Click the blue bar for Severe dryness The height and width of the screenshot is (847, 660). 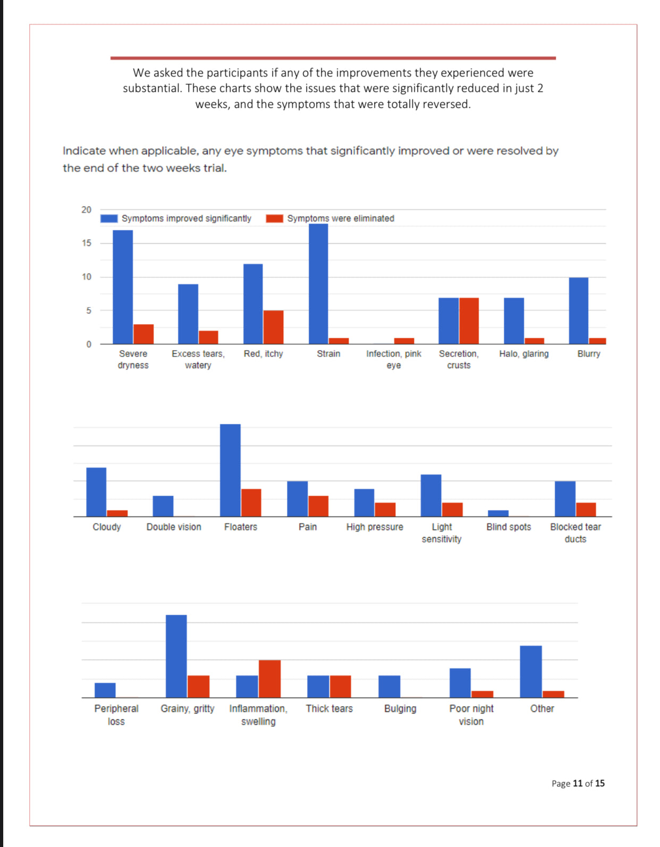click(x=123, y=287)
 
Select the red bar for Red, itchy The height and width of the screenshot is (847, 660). click(x=273, y=327)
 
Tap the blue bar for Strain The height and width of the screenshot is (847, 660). click(x=318, y=284)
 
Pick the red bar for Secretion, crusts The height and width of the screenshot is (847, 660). click(x=469, y=320)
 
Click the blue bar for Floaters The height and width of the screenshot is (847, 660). click(x=230, y=470)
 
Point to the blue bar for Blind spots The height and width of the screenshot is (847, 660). click(x=498, y=513)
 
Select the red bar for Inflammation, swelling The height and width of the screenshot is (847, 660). click(x=269, y=679)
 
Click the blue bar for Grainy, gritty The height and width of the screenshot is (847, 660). click(x=176, y=656)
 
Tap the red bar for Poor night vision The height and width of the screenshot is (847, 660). click(x=482, y=694)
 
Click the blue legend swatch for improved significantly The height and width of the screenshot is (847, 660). click(x=109, y=218)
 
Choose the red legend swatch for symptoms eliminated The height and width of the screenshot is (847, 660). click(x=274, y=218)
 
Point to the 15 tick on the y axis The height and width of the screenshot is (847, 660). click(x=87, y=243)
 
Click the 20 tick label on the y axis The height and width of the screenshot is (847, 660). click(x=87, y=210)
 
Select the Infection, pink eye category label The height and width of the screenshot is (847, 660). click(x=393, y=359)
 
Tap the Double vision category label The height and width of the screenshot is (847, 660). click(x=174, y=527)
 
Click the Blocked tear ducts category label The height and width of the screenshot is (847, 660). click(x=575, y=533)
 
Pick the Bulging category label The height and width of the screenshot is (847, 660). click(x=400, y=709)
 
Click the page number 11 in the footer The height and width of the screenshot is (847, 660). click(x=578, y=783)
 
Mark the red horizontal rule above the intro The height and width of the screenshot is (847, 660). click(x=333, y=58)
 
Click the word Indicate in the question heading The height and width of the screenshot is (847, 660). click(x=84, y=151)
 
